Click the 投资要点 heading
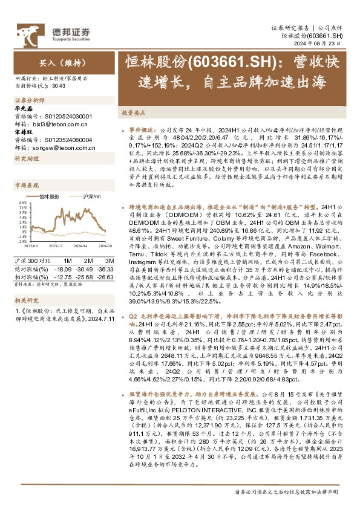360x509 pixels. coord(131,113)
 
